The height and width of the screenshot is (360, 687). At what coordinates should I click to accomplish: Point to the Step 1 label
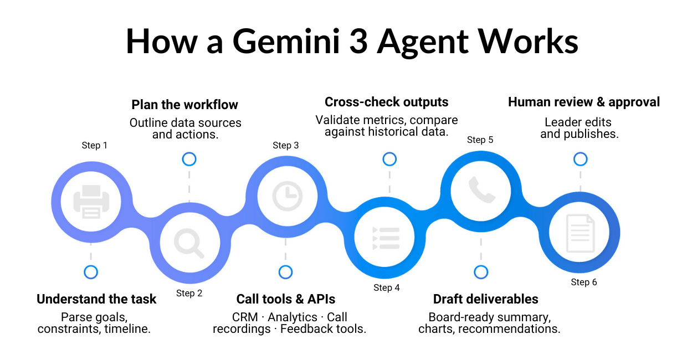94,145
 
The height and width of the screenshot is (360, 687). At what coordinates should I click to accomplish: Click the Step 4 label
386,287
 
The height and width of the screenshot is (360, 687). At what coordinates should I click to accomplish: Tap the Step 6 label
584,282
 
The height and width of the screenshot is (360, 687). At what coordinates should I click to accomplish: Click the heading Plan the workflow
184,105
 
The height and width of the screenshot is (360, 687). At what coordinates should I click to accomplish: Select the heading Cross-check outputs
386,102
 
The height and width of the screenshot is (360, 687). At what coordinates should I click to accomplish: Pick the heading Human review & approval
584,102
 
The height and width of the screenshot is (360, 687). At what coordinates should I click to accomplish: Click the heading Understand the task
96,299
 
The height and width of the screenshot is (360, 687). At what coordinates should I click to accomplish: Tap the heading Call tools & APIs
286,299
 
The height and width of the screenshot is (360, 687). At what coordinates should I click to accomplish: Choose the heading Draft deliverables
485,299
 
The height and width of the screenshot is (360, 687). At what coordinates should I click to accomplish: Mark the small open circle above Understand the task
91,272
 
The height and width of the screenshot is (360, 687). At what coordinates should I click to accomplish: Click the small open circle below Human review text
580,160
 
